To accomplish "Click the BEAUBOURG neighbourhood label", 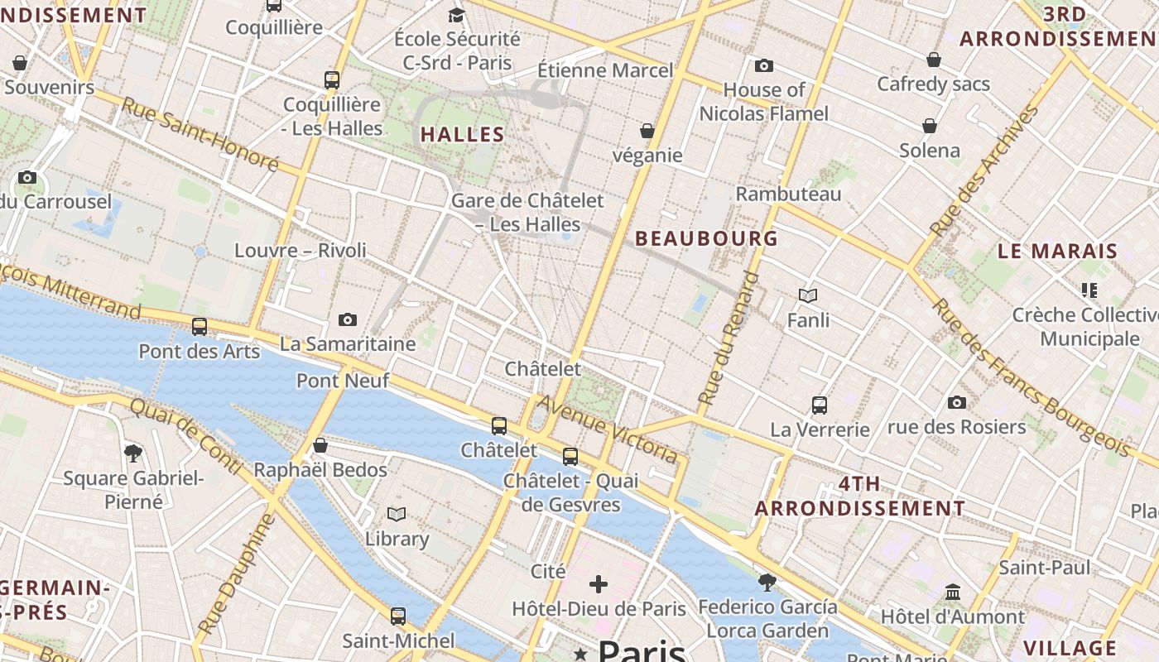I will [706, 239].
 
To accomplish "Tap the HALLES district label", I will [462, 134].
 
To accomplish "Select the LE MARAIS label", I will [1057, 251].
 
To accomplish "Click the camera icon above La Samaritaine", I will [348, 319].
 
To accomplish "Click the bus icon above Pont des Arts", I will [200, 326].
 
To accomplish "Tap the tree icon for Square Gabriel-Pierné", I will [132, 453].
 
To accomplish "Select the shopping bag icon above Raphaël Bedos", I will [320, 445].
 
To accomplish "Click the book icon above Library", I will [397, 514].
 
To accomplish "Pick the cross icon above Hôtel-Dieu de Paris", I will [599, 584].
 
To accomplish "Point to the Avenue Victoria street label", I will [608, 429].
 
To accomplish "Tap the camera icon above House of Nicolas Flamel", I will [763, 65].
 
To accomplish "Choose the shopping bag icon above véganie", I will [647, 131].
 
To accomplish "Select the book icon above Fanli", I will [808, 295].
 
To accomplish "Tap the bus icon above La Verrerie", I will [820, 405].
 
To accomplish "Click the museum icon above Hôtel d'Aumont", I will [953, 592].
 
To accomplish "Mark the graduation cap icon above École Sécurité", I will [456, 15].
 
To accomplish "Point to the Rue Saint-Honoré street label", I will [200, 134].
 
